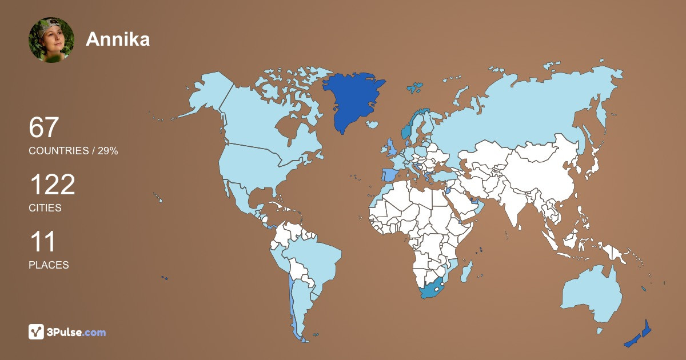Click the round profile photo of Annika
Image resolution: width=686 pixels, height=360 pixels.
51,40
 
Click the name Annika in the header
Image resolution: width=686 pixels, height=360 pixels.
118,39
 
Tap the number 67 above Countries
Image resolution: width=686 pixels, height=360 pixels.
44,127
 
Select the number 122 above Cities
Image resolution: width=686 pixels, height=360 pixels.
52,185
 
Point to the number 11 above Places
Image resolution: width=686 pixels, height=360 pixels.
42,242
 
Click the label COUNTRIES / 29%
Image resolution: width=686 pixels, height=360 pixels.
73,151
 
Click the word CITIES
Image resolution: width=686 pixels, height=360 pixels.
45,208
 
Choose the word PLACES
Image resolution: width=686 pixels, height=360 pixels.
49,265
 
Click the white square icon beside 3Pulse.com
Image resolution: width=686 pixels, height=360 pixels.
37,332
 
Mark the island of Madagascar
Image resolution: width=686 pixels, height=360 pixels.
467,270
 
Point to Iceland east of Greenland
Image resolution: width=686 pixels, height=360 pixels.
372,124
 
